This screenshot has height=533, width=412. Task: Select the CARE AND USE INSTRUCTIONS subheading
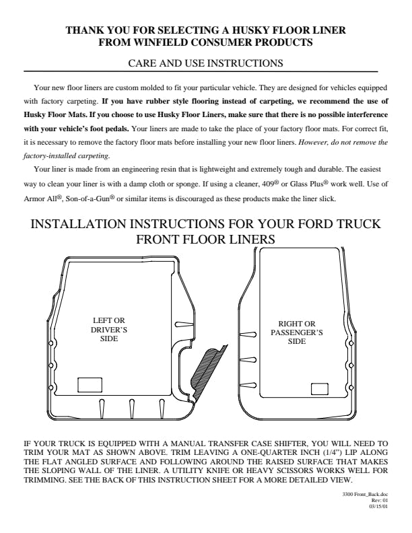(205, 63)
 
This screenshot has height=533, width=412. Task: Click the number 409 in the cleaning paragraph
(269, 184)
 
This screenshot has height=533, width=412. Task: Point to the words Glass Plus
(306, 184)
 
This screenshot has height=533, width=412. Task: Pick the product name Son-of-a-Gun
(88, 199)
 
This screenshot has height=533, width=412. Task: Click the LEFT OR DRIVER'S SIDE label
(109, 329)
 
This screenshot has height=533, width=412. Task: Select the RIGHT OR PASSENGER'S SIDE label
(297, 332)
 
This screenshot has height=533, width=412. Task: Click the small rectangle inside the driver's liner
(90, 385)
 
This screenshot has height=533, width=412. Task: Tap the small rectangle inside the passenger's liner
(320, 389)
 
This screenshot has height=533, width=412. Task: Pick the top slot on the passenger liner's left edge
(248, 335)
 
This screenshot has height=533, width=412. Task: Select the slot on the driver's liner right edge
(184, 324)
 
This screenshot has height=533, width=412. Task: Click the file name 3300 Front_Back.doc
(365, 494)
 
